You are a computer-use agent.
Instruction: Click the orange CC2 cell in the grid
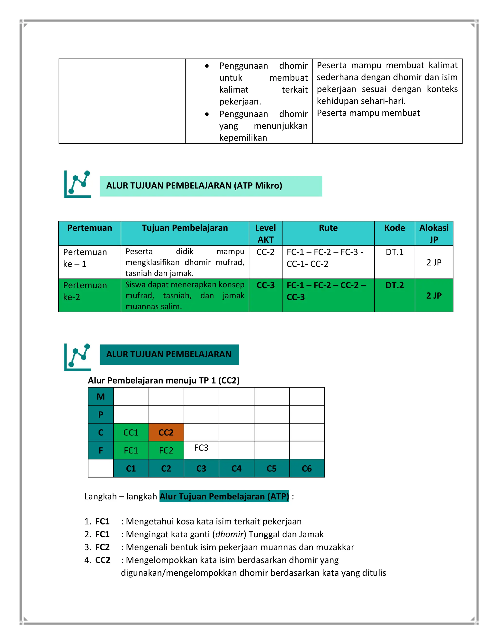click(x=166, y=432)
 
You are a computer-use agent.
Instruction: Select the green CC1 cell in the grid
click(x=131, y=432)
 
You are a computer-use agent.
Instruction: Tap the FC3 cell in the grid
click(x=201, y=448)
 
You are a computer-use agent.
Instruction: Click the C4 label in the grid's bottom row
click(x=236, y=468)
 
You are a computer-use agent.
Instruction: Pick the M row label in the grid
click(x=101, y=397)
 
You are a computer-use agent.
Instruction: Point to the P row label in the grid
click(x=101, y=415)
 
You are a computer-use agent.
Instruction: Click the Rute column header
click(x=328, y=228)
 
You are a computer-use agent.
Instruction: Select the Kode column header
click(x=394, y=228)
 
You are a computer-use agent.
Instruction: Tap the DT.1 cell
click(x=394, y=252)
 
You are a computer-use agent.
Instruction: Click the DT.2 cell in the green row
click(x=394, y=285)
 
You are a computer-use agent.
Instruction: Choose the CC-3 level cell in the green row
click(x=266, y=285)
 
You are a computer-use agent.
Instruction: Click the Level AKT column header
click(x=266, y=234)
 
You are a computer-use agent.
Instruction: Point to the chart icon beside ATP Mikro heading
click(x=77, y=184)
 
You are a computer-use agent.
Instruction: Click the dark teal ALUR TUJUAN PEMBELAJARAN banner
click(x=169, y=354)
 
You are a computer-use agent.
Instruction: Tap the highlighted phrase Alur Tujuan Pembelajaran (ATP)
click(x=224, y=496)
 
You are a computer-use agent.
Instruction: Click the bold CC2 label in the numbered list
click(x=103, y=560)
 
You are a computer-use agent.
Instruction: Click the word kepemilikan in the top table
click(x=243, y=138)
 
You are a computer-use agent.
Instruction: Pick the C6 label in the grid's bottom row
click(x=307, y=468)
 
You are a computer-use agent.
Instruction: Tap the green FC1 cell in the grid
click(x=131, y=450)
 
